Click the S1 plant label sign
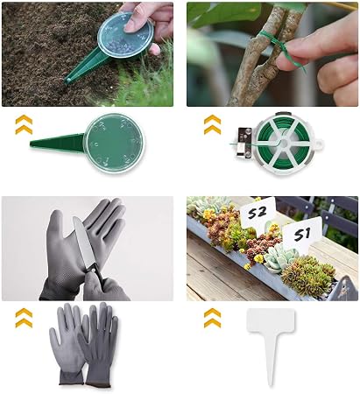point(302,234)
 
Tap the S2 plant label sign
point(258,213)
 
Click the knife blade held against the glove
point(82,242)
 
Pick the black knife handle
point(98,274)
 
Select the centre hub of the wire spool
point(283,144)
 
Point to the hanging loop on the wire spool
point(319,144)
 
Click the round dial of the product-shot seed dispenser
point(114,144)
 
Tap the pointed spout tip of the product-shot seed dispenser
point(32,143)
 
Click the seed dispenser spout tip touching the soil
point(67,80)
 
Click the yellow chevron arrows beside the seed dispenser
point(24,124)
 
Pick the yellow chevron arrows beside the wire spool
point(212,124)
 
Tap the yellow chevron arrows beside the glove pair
point(24,318)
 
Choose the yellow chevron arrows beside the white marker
point(212,318)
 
